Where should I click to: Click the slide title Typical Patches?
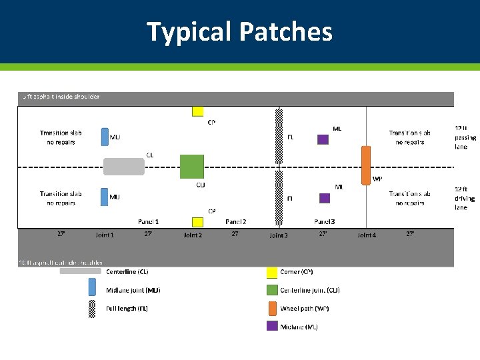tap(239, 31)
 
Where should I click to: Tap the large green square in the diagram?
tap(192, 167)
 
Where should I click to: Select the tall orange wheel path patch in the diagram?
tap(366, 165)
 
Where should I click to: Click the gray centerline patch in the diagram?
tap(123, 167)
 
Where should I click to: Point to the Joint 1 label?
tap(105, 235)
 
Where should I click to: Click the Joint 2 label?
tap(193, 235)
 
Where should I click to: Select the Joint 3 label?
tap(279, 235)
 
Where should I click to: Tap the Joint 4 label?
tap(367, 235)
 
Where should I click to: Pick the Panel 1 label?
tap(148, 221)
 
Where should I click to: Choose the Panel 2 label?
tap(236, 221)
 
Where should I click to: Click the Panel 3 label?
tap(324, 221)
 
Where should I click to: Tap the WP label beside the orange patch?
tap(377, 179)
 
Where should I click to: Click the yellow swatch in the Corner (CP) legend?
tap(272, 272)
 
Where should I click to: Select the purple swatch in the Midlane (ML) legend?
tap(272, 326)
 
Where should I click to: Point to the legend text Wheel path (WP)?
tap(305, 309)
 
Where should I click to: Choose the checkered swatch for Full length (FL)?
tap(92, 309)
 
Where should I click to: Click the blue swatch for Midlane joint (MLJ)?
tap(92, 287)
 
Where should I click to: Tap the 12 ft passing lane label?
tap(465, 137)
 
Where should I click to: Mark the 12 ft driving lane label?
tap(465, 198)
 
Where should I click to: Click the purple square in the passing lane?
tap(323, 139)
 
